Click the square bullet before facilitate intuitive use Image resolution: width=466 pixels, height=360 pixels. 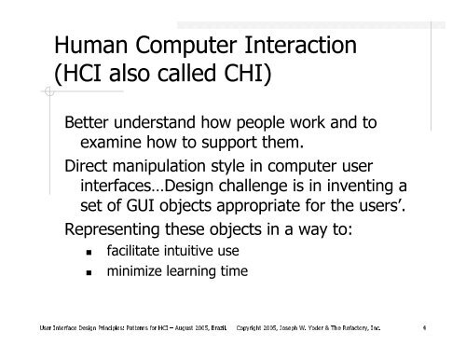(89, 253)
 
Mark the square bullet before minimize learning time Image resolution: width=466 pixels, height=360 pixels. (89, 273)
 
